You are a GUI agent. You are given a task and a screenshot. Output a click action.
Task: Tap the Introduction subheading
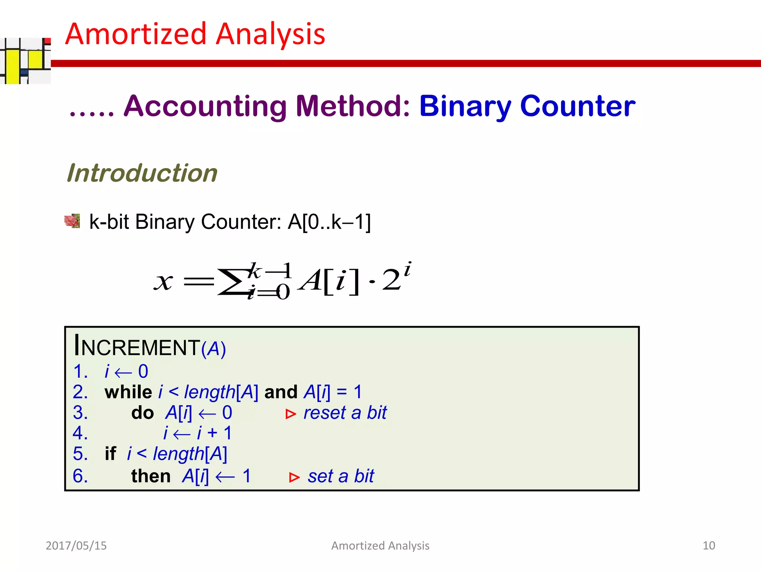tap(142, 173)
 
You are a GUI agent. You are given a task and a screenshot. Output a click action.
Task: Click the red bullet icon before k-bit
tap(72, 221)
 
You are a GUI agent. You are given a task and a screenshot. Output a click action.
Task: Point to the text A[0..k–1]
tap(329, 222)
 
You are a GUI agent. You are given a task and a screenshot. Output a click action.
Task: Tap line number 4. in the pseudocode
tap(80, 433)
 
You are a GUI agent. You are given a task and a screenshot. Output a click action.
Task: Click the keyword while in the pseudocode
tap(128, 392)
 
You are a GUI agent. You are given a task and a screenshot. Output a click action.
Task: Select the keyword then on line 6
tap(150, 476)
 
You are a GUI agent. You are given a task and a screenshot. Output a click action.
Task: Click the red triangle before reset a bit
tap(291, 414)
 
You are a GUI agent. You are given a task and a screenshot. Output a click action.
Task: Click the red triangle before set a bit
tap(294, 477)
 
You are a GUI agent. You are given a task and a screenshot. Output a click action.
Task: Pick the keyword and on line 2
tap(281, 392)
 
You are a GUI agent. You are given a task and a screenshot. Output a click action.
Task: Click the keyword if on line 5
tap(110, 454)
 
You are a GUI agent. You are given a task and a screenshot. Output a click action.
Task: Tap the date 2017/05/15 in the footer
tap(76, 545)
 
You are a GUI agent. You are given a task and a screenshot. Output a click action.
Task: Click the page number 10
tap(709, 545)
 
